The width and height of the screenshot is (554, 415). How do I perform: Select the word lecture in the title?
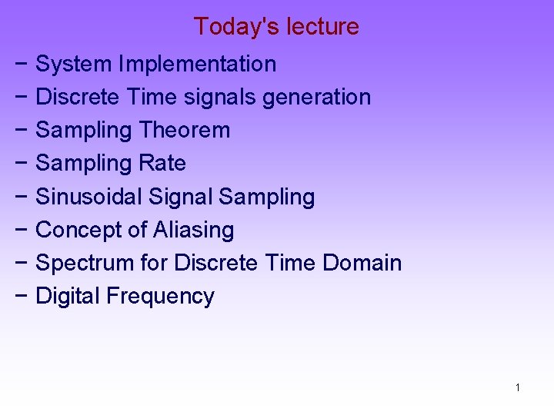pos(322,27)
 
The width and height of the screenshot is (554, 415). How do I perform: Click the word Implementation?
pos(198,65)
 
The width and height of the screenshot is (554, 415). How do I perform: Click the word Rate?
pos(162,164)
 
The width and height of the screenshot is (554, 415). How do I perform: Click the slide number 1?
pos(517,387)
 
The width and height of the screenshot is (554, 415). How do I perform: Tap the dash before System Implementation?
pos(21,65)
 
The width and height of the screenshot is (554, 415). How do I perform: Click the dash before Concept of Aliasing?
pos(21,230)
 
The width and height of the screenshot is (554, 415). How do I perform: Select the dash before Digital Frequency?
pos(21,296)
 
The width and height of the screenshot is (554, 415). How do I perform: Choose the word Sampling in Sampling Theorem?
pos(84,131)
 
